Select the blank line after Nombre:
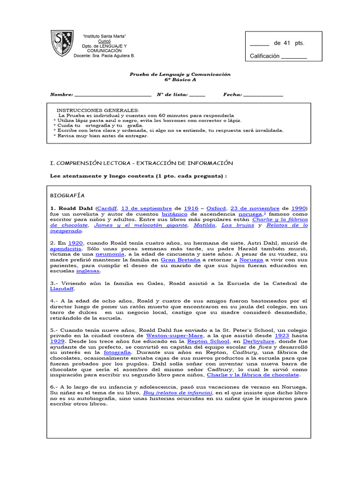click(113, 95)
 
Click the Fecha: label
click(232, 94)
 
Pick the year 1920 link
click(75, 243)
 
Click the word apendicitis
click(69, 249)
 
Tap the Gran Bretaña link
click(180, 259)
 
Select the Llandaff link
click(62, 289)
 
